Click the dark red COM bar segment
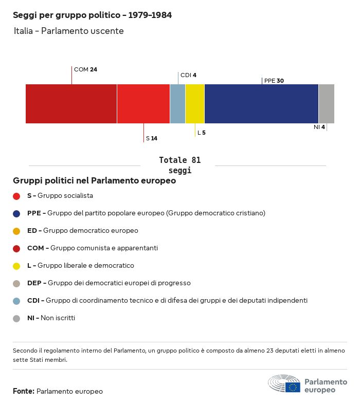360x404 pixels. (x=71, y=104)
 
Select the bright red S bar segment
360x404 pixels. (x=143, y=104)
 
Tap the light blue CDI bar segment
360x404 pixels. (x=177, y=104)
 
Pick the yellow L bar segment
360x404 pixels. (x=195, y=104)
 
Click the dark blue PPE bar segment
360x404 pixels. (x=261, y=104)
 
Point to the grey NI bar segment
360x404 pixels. (x=326, y=104)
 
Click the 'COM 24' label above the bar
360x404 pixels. (x=85, y=69)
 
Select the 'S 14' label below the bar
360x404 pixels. (x=152, y=138)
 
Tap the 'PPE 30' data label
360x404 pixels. (x=274, y=81)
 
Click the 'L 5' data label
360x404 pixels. (x=202, y=133)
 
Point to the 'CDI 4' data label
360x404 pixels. (x=188, y=75)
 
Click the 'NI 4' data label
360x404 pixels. (x=319, y=127)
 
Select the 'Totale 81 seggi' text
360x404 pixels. (x=180, y=165)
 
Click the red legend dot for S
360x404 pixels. (x=16, y=196)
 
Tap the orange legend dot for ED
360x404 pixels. (x=16, y=231)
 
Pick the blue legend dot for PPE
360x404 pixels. (x=16, y=213)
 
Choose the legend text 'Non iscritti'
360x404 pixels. (x=58, y=318)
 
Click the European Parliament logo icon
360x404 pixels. (x=284, y=384)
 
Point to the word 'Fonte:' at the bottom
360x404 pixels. (x=24, y=392)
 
